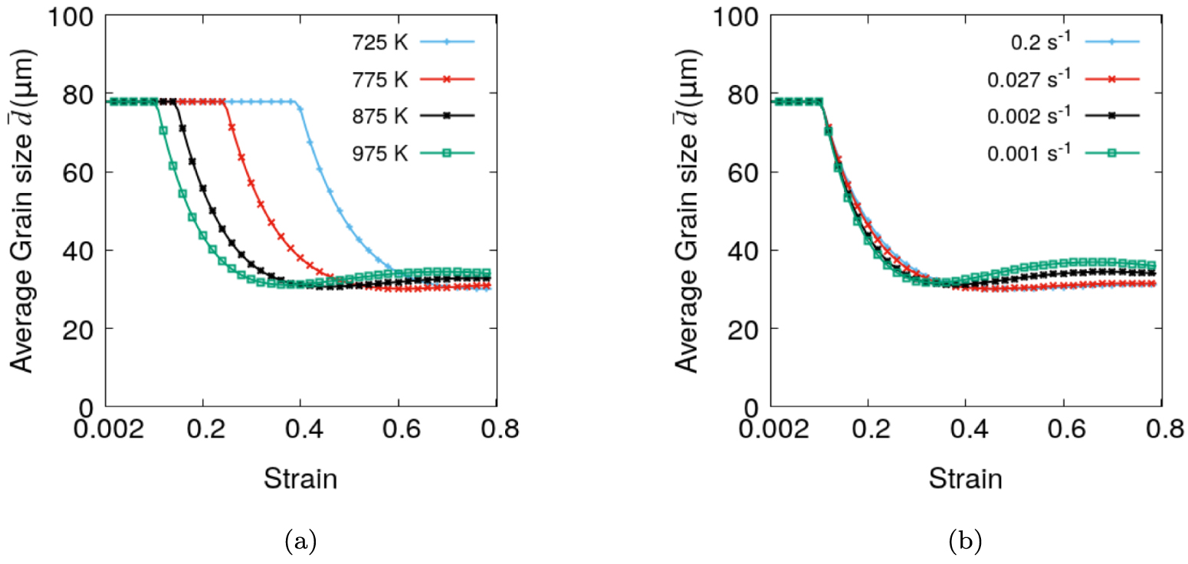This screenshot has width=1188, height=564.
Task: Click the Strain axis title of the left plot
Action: point(300,480)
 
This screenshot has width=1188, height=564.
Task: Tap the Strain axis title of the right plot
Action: point(966,480)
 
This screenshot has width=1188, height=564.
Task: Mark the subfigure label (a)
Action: point(300,543)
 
